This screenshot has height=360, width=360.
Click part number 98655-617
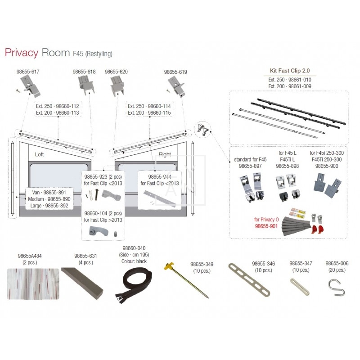28,72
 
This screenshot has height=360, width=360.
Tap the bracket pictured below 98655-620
118,85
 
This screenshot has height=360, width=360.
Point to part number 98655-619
175,72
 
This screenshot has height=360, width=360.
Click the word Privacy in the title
21,52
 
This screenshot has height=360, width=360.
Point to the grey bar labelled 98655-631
82,281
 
